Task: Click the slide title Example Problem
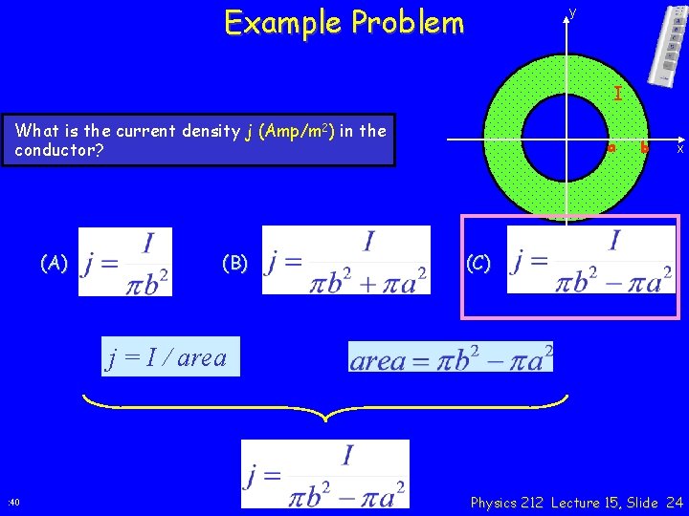click(x=344, y=22)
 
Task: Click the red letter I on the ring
click(x=618, y=94)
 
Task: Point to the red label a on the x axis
click(x=611, y=148)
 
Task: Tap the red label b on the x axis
click(x=644, y=148)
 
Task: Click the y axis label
click(x=572, y=12)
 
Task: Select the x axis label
click(x=679, y=148)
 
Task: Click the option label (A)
click(x=54, y=263)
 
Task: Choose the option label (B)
click(x=234, y=263)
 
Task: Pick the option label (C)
click(x=479, y=263)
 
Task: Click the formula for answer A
click(x=125, y=262)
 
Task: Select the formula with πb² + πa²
click(x=346, y=260)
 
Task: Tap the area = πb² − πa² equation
click(x=451, y=357)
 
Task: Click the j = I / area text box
click(x=167, y=358)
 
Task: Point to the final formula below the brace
click(x=325, y=474)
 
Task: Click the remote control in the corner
click(x=667, y=44)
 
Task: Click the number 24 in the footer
click(x=674, y=503)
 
